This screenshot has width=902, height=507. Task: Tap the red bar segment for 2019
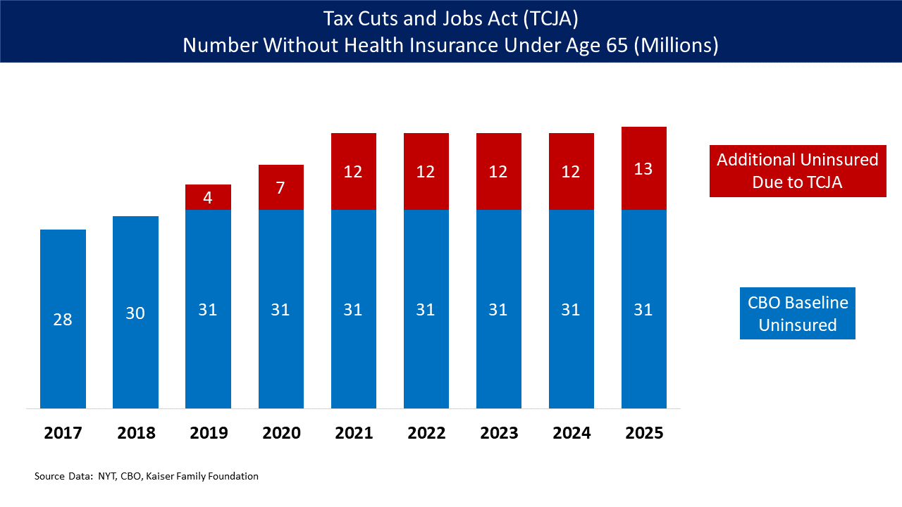tap(208, 197)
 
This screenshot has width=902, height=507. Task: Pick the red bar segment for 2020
tap(280, 187)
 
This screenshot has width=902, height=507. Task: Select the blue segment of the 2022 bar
tap(426, 352)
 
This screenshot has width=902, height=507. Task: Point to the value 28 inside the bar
tap(63, 320)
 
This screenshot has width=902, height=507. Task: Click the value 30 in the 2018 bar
tap(135, 313)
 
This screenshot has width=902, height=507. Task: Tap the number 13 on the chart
tap(643, 169)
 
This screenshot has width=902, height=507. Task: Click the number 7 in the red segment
tap(280, 188)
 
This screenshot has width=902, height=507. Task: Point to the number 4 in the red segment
tap(208, 198)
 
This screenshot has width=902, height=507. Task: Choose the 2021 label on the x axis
tap(354, 432)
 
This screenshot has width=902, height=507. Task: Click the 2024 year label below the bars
tap(572, 432)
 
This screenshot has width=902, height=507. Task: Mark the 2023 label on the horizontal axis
tap(499, 432)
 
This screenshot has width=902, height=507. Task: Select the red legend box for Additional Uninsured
tap(798, 171)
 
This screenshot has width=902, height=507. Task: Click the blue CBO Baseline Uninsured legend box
tap(798, 313)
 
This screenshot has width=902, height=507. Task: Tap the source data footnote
tap(147, 477)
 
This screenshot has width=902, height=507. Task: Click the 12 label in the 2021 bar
tap(353, 172)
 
